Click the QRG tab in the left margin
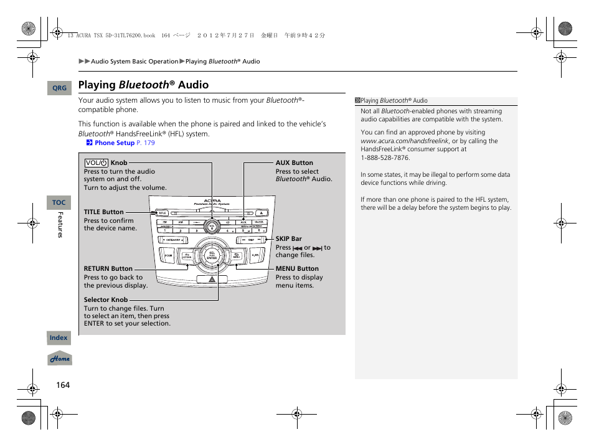coord(59,88)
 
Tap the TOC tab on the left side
coord(59,203)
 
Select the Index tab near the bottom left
coord(59,338)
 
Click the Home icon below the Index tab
coord(60,359)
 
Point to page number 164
coord(63,385)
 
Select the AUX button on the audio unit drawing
coord(243,222)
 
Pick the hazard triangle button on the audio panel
coord(212,280)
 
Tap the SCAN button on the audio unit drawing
coord(168,255)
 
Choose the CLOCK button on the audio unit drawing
coord(259,222)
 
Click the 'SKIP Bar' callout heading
coord(288,238)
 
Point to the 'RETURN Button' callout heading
coord(108,269)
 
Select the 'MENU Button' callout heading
coord(297,269)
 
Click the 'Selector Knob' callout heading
coord(106,300)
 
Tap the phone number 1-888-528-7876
coord(385,158)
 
